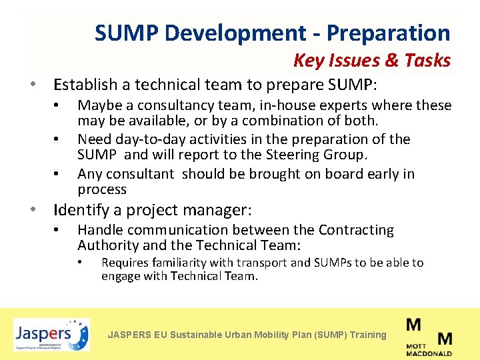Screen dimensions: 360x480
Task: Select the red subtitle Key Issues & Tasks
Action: click(x=372, y=61)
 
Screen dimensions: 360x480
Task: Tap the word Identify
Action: click(x=81, y=211)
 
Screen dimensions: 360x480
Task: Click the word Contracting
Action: click(x=356, y=230)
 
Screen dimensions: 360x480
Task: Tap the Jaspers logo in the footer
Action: click(x=51, y=334)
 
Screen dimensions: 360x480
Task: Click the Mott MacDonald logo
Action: click(x=429, y=337)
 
